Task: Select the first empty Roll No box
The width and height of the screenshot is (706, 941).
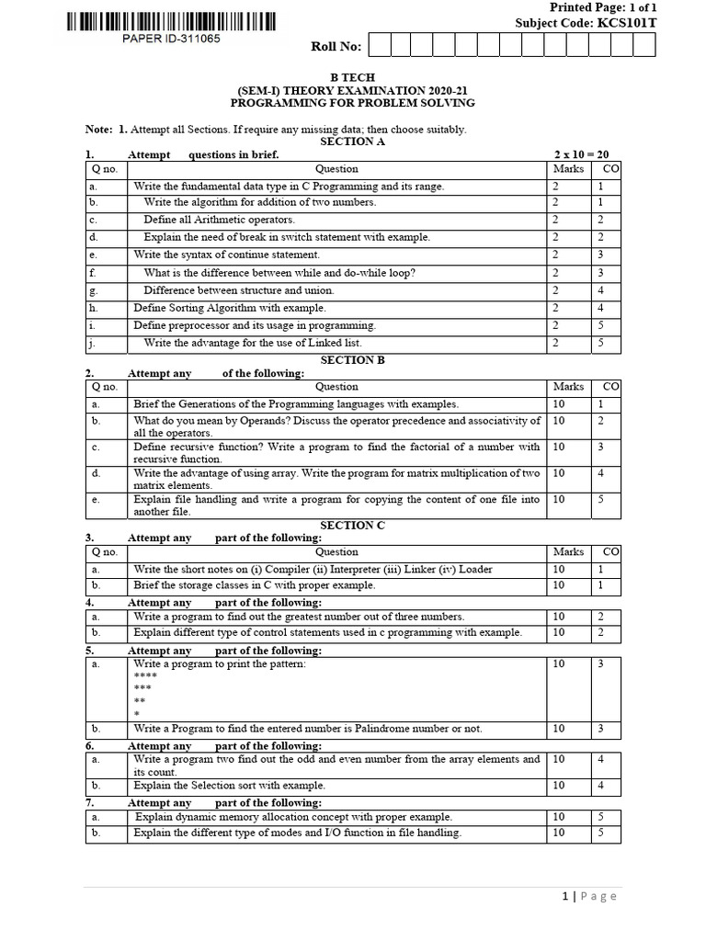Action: click(377, 45)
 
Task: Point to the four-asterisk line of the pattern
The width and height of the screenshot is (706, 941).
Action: click(146, 675)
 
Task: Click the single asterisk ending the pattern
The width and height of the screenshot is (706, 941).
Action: click(137, 714)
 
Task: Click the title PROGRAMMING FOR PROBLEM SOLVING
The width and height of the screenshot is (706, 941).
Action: click(352, 105)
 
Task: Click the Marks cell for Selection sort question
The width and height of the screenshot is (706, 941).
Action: click(559, 786)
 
